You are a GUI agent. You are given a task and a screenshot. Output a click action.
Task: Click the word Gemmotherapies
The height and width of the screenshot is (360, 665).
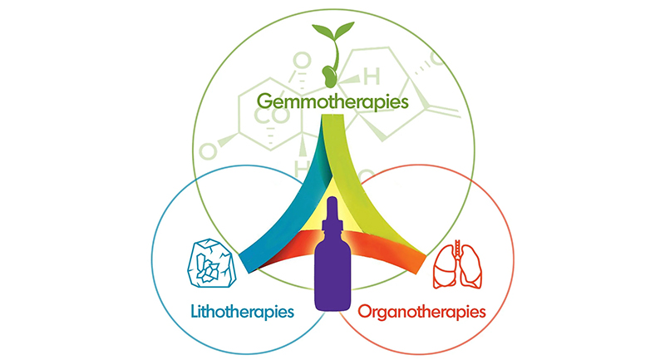(x=333, y=102)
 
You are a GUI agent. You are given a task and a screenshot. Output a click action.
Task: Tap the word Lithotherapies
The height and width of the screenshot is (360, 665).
(x=242, y=312)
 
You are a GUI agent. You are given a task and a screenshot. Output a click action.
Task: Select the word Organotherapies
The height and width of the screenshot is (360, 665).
(x=421, y=313)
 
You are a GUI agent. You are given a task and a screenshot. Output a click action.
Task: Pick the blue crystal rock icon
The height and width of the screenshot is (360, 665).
(x=212, y=263)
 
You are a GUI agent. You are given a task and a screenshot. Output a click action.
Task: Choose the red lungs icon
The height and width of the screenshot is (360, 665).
(x=457, y=264)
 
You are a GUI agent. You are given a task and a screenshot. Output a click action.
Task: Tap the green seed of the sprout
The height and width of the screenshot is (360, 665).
(x=328, y=76)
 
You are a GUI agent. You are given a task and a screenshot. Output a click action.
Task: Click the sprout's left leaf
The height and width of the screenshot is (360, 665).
(x=323, y=31)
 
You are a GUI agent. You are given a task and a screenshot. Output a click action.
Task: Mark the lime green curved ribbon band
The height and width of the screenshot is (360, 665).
(x=365, y=186)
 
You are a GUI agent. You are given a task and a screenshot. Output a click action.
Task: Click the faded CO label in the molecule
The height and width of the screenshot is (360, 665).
(x=272, y=116)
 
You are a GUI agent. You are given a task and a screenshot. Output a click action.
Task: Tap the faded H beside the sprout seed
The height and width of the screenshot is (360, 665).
(x=372, y=77)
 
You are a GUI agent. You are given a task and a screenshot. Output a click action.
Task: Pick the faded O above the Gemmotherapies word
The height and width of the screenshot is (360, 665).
(x=303, y=60)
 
